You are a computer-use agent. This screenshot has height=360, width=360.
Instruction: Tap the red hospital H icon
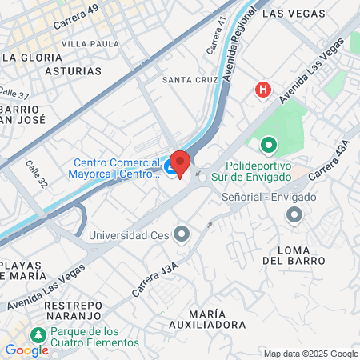pos(262,90)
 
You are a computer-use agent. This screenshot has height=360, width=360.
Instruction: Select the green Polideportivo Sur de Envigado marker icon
pos(268,146)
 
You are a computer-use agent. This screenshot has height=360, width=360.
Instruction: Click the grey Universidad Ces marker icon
pos(182,234)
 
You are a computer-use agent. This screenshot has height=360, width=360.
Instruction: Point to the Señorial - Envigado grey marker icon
pos(294,214)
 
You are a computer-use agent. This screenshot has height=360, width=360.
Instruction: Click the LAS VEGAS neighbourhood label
pos(294,14)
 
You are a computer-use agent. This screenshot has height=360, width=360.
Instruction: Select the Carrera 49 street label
pos(75,18)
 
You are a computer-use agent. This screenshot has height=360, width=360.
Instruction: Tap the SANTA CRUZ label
pos(189,80)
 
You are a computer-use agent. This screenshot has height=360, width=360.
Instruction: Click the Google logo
pos(26,350)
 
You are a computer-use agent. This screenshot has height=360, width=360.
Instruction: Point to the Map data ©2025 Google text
pos(311,354)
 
